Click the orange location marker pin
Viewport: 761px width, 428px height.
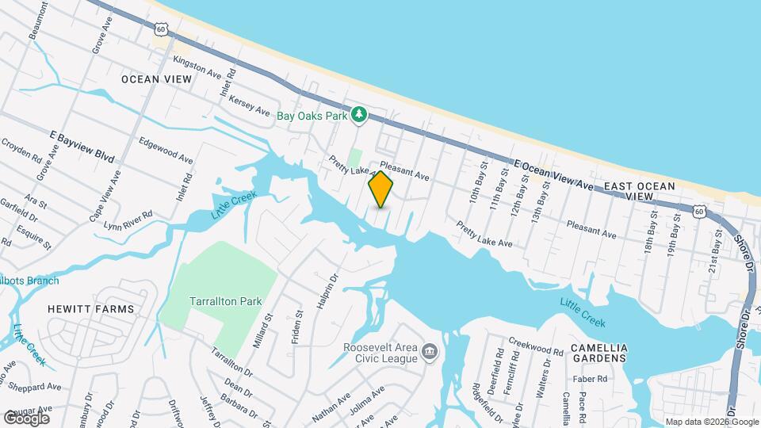click(x=380, y=189)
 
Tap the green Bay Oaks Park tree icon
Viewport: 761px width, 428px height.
click(x=360, y=115)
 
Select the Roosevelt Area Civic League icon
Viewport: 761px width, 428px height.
click(x=430, y=351)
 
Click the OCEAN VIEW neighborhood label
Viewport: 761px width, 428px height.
click(x=153, y=79)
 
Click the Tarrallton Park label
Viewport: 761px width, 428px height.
click(x=220, y=301)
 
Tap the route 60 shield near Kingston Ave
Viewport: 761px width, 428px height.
click(x=161, y=29)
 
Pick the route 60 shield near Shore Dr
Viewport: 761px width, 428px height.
click(x=698, y=210)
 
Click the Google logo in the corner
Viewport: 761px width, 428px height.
click(x=26, y=418)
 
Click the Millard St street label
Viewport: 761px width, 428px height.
click(x=267, y=326)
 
